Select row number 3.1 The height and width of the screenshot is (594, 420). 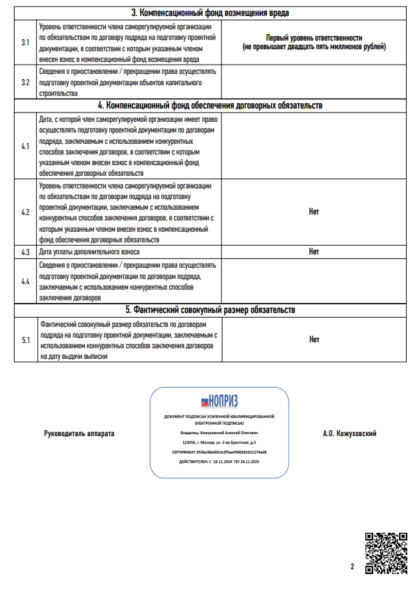pyautogui.click(x=25, y=42)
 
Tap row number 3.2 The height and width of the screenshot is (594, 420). pyautogui.click(x=25, y=83)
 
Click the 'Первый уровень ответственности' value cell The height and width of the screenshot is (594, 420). pyautogui.click(x=313, y=43)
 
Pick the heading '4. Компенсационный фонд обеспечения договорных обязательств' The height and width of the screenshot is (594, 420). pyautogui.click(x=210, y=105)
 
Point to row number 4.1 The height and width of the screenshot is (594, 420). pyautogui.click(x=25, y=146)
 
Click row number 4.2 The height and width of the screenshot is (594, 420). pyautogui.click(x=25, y=212)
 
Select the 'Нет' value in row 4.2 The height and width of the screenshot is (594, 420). pyautogui.click(x=314, y=212)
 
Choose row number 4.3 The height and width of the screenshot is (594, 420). pyautogui.click(x=25, y=252)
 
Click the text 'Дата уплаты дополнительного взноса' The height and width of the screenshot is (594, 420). pyautogui.click(x=89, y=252)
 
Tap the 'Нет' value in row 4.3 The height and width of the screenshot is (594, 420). pyautogui.click(x=314, y=252)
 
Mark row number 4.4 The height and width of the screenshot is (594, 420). pyautogui.click(x=25, y=281)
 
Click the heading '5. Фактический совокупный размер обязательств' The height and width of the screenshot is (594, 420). pyautogui.click(x=210, y=310)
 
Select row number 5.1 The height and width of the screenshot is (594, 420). pyautogui.click(x=25, y=340)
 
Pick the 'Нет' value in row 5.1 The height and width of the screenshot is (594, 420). pyautogui.click(x=314, y=340)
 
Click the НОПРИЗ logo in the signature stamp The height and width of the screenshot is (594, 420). pyautogui.click(x=219, y=401)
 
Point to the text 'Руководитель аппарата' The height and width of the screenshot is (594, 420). pyautogui.click(x=79, y=434)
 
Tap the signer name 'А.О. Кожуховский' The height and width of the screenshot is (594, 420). pyautogui.click(x=349, y=434)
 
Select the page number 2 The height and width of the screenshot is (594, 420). pyautogui.click(x=352, y=567)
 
